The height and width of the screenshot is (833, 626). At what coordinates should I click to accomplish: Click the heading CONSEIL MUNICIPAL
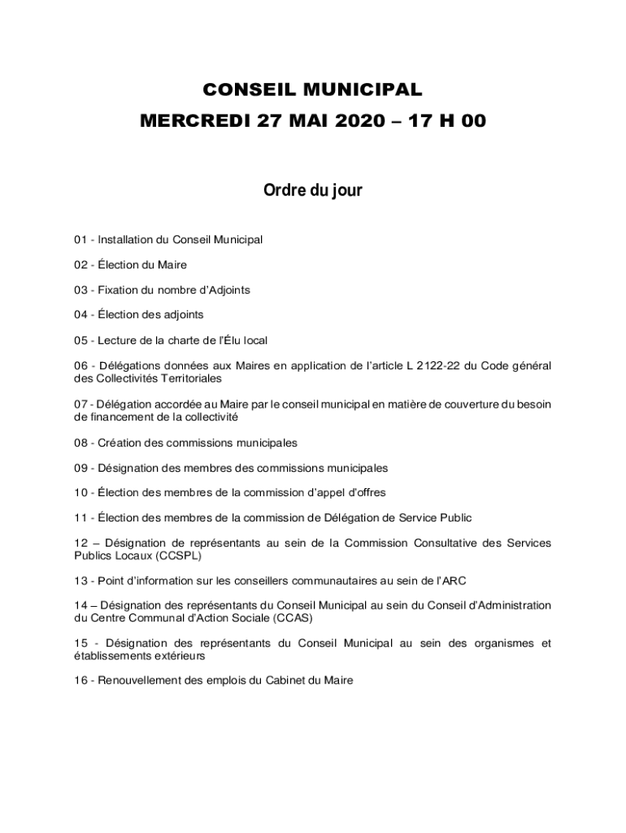pos(312,89)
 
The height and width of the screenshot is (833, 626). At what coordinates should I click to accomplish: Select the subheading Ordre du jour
pos(312,190)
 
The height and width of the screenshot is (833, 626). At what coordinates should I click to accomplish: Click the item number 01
pos(80,240)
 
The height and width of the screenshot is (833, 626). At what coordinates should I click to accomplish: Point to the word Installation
pos(126,240)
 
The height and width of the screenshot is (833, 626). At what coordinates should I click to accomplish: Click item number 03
pos(80,290)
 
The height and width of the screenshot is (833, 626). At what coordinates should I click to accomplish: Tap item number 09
pos(80,468)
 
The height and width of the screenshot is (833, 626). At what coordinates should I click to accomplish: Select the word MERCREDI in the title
pos(196,121)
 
